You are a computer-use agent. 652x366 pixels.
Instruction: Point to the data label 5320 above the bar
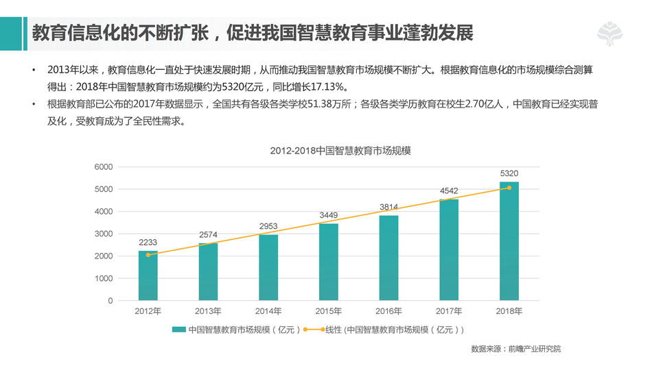pos(509,173)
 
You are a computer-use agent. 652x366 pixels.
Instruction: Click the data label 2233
pos(148,242)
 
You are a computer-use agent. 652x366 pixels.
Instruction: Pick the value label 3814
pos(388,207)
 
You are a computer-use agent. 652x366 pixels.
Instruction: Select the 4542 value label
pos(449,191)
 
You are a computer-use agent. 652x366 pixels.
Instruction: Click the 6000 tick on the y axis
pos(104,167)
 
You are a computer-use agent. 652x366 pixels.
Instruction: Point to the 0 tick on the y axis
pos(110,301)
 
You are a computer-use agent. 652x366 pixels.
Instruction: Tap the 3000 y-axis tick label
pos(104,234)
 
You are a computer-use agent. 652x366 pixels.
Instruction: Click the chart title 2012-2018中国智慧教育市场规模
pos(340,151)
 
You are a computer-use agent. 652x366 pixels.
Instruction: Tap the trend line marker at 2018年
pos(509,188)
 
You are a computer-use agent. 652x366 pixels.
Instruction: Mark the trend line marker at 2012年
pos(148,255)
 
